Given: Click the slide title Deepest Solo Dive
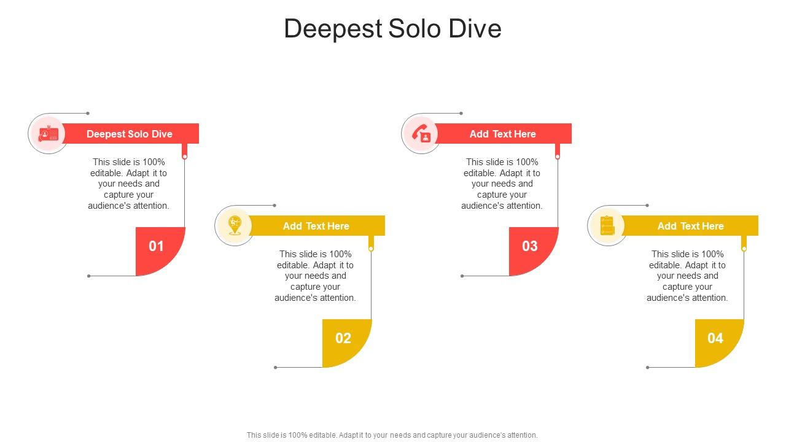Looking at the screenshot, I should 392,29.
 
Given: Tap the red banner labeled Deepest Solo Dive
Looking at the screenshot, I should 130,134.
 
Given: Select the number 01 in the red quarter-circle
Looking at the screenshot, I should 157,246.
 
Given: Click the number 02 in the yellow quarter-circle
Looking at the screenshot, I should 343,338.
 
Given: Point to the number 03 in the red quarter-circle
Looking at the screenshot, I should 529,246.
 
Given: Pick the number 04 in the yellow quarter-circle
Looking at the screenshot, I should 715,338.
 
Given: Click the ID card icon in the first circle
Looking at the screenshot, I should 48,134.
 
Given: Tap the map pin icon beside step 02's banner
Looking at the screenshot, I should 235,225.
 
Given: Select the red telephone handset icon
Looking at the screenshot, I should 421,133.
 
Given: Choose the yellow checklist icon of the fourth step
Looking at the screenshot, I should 607,225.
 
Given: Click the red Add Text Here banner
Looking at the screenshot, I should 503,134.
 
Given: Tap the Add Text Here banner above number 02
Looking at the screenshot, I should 316,226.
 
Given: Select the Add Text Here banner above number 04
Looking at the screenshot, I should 690,226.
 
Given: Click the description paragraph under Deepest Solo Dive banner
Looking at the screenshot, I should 129,184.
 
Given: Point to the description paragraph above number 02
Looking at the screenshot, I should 316,276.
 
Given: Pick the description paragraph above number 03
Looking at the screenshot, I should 502,184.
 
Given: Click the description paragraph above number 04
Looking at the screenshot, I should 688,276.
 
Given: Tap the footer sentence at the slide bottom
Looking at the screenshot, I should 392,435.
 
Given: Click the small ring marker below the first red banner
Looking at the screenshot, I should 185,157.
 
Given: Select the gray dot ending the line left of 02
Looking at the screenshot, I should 276,368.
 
